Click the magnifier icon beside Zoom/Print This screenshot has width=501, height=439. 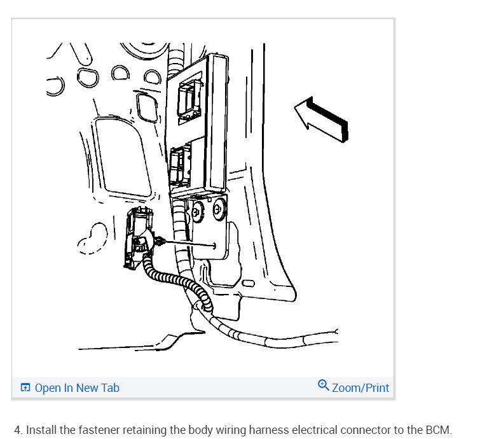323,385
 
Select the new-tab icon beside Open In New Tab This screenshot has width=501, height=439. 25,387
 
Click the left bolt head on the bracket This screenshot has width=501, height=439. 198,212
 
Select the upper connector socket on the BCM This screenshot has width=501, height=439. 189,100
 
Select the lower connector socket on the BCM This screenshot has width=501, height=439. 181,165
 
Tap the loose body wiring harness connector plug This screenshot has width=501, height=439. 139,237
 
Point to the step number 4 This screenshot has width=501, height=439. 18,430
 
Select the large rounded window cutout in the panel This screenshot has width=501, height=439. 122,157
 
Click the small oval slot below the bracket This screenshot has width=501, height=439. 248,283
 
